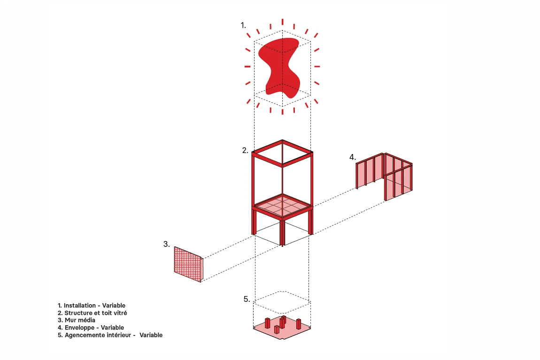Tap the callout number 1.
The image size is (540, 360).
click(x=243, y=25)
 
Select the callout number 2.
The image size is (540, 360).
click(x=245, y=150)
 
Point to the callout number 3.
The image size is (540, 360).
click(x=166, y=244)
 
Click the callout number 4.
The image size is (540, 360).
click(x=352, y=157)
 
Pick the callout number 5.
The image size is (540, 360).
click(x=247, y=299)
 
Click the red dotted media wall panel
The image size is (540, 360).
click(x=188, y=264)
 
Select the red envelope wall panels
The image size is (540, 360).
click(x=384, y=176)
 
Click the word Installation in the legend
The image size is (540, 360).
click(x=79, y=306)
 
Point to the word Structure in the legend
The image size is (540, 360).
click(x=78, y=313)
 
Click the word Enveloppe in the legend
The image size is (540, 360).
click(x=79, y=328)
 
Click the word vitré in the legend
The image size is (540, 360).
click(x=120, y=313)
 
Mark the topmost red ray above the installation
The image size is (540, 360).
click(x=282, y=22)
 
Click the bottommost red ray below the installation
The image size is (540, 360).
click(x=282, y=112)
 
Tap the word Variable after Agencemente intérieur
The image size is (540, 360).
click(x=151, y=335)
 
